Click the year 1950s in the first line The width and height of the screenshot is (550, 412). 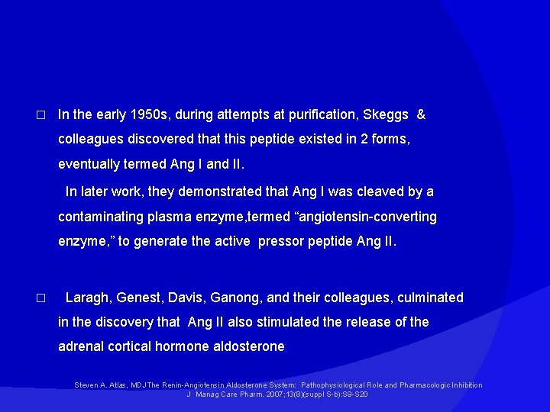point(150,115)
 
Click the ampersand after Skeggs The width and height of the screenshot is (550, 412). point(421,115)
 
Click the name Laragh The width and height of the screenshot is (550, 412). point(88,298)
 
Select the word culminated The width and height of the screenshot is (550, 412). point(428,298)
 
